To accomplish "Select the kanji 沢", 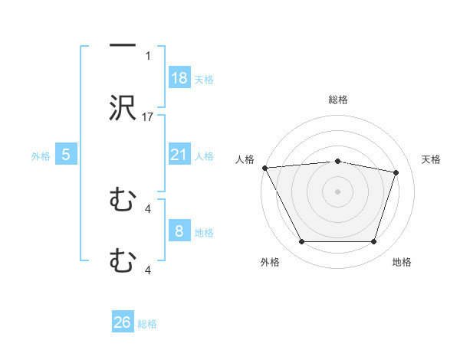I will pos(123,108).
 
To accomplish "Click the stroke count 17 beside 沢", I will pos(149,117).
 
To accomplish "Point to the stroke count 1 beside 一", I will pos(149,56).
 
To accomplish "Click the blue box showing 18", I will pos(179,78).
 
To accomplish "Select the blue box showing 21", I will pos(179,155).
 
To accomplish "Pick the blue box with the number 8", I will pos(179,231).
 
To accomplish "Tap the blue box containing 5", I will pos(66,155).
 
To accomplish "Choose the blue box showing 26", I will pos(123,322).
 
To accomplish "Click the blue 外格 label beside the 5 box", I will pos(41,155).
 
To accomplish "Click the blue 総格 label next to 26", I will pos(147,324).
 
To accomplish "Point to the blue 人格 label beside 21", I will pos(204,155).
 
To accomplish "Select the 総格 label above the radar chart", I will pos(337,100).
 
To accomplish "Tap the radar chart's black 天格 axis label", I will pos(432,159).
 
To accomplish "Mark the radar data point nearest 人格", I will pos(264,168).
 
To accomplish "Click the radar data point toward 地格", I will pos(374,242).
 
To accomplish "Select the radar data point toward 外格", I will pos(301,242).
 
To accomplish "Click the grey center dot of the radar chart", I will pos(337,191).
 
